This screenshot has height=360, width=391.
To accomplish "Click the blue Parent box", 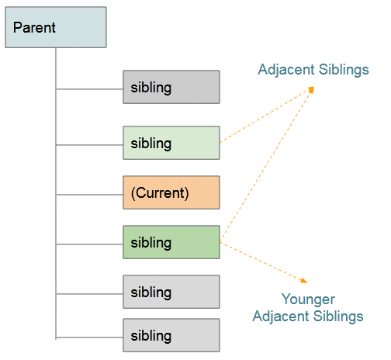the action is click(56, 27).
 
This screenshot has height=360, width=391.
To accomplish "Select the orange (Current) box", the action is click(171, 192).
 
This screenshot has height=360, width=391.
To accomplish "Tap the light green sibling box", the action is click(171, 143).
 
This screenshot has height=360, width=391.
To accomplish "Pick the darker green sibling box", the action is click(171, 242).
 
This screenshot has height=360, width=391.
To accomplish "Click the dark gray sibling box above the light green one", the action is click(171, 87).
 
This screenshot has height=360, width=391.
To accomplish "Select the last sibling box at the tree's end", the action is click(171, 335).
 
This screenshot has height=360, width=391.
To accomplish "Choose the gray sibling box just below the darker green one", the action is click(171, 292).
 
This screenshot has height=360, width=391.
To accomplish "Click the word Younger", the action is click(308, 300).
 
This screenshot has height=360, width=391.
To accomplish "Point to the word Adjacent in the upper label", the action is click(286, 70).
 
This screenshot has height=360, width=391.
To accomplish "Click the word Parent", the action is click(34, 27).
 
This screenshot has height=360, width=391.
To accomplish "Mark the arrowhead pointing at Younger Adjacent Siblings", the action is click(304, 281).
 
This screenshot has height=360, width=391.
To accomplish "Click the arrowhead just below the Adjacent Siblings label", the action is click(311, 90).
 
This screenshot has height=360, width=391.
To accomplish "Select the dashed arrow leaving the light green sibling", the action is click(267, 115).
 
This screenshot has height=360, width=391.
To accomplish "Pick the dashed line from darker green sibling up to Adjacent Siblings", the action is click(267, 164).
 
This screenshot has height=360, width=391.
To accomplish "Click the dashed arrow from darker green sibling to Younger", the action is click(264, 262).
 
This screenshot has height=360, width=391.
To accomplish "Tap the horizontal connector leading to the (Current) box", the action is click(89, 195).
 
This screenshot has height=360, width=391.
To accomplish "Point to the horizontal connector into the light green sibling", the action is click(89, 145).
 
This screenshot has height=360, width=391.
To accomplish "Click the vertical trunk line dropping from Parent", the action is click(56, 193).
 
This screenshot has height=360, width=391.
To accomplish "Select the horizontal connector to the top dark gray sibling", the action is click(89, 89).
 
